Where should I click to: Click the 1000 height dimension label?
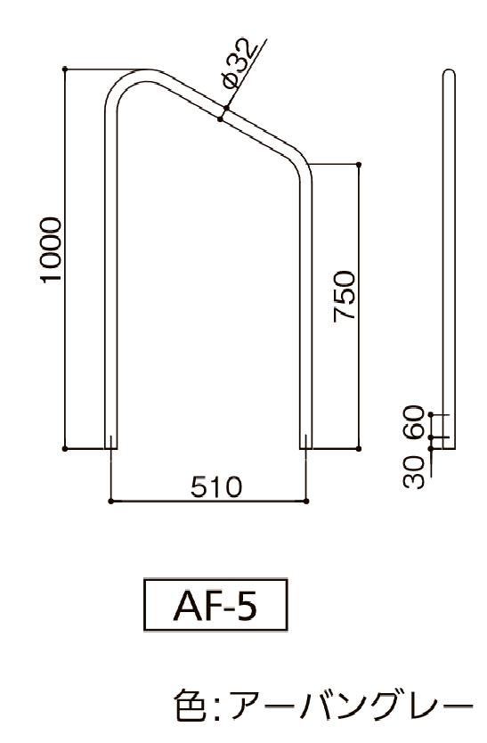click(51, 249)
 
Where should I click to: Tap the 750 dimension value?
click(345, 296)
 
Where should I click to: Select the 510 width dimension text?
click(216, 486)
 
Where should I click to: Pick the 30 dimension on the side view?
click(414, 471)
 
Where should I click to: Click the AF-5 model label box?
click(215, 605)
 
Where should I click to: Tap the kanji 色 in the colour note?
click(190, 706)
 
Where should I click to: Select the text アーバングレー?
click(351, 706)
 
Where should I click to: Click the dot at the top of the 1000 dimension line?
click(65, 69)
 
